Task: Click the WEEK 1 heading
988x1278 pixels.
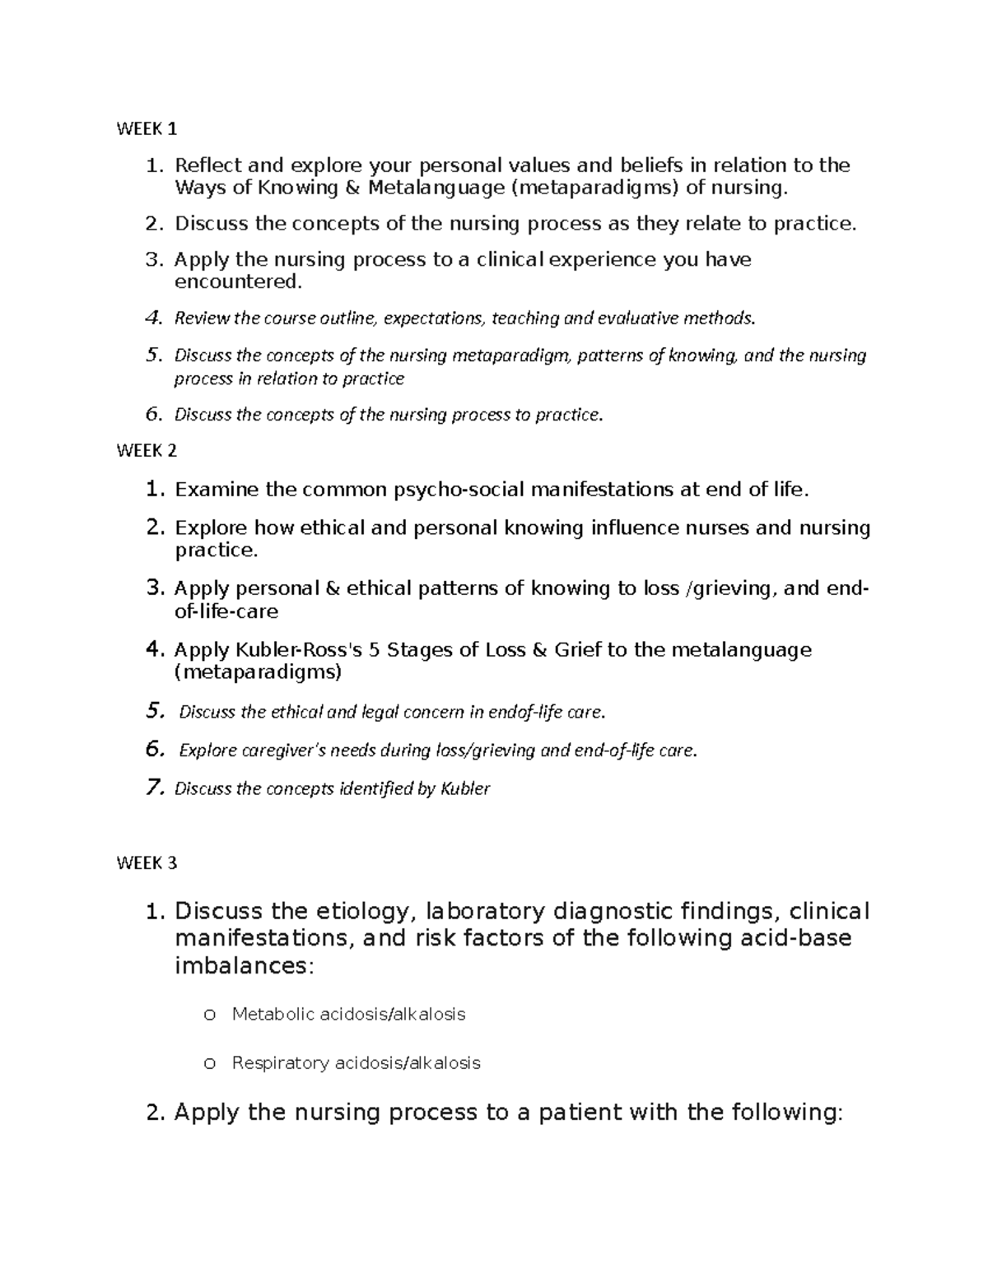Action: pyautogui.click(x=147, y=129)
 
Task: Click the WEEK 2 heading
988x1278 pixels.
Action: pyautogui.click(x=147, y=451)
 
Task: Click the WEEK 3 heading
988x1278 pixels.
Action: pyautogui.click(x=147, y=863)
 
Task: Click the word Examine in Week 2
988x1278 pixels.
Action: pyautogui.click(x=216, y=490)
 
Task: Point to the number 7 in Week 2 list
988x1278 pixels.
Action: pyautogui.click(x=154, y=788)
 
